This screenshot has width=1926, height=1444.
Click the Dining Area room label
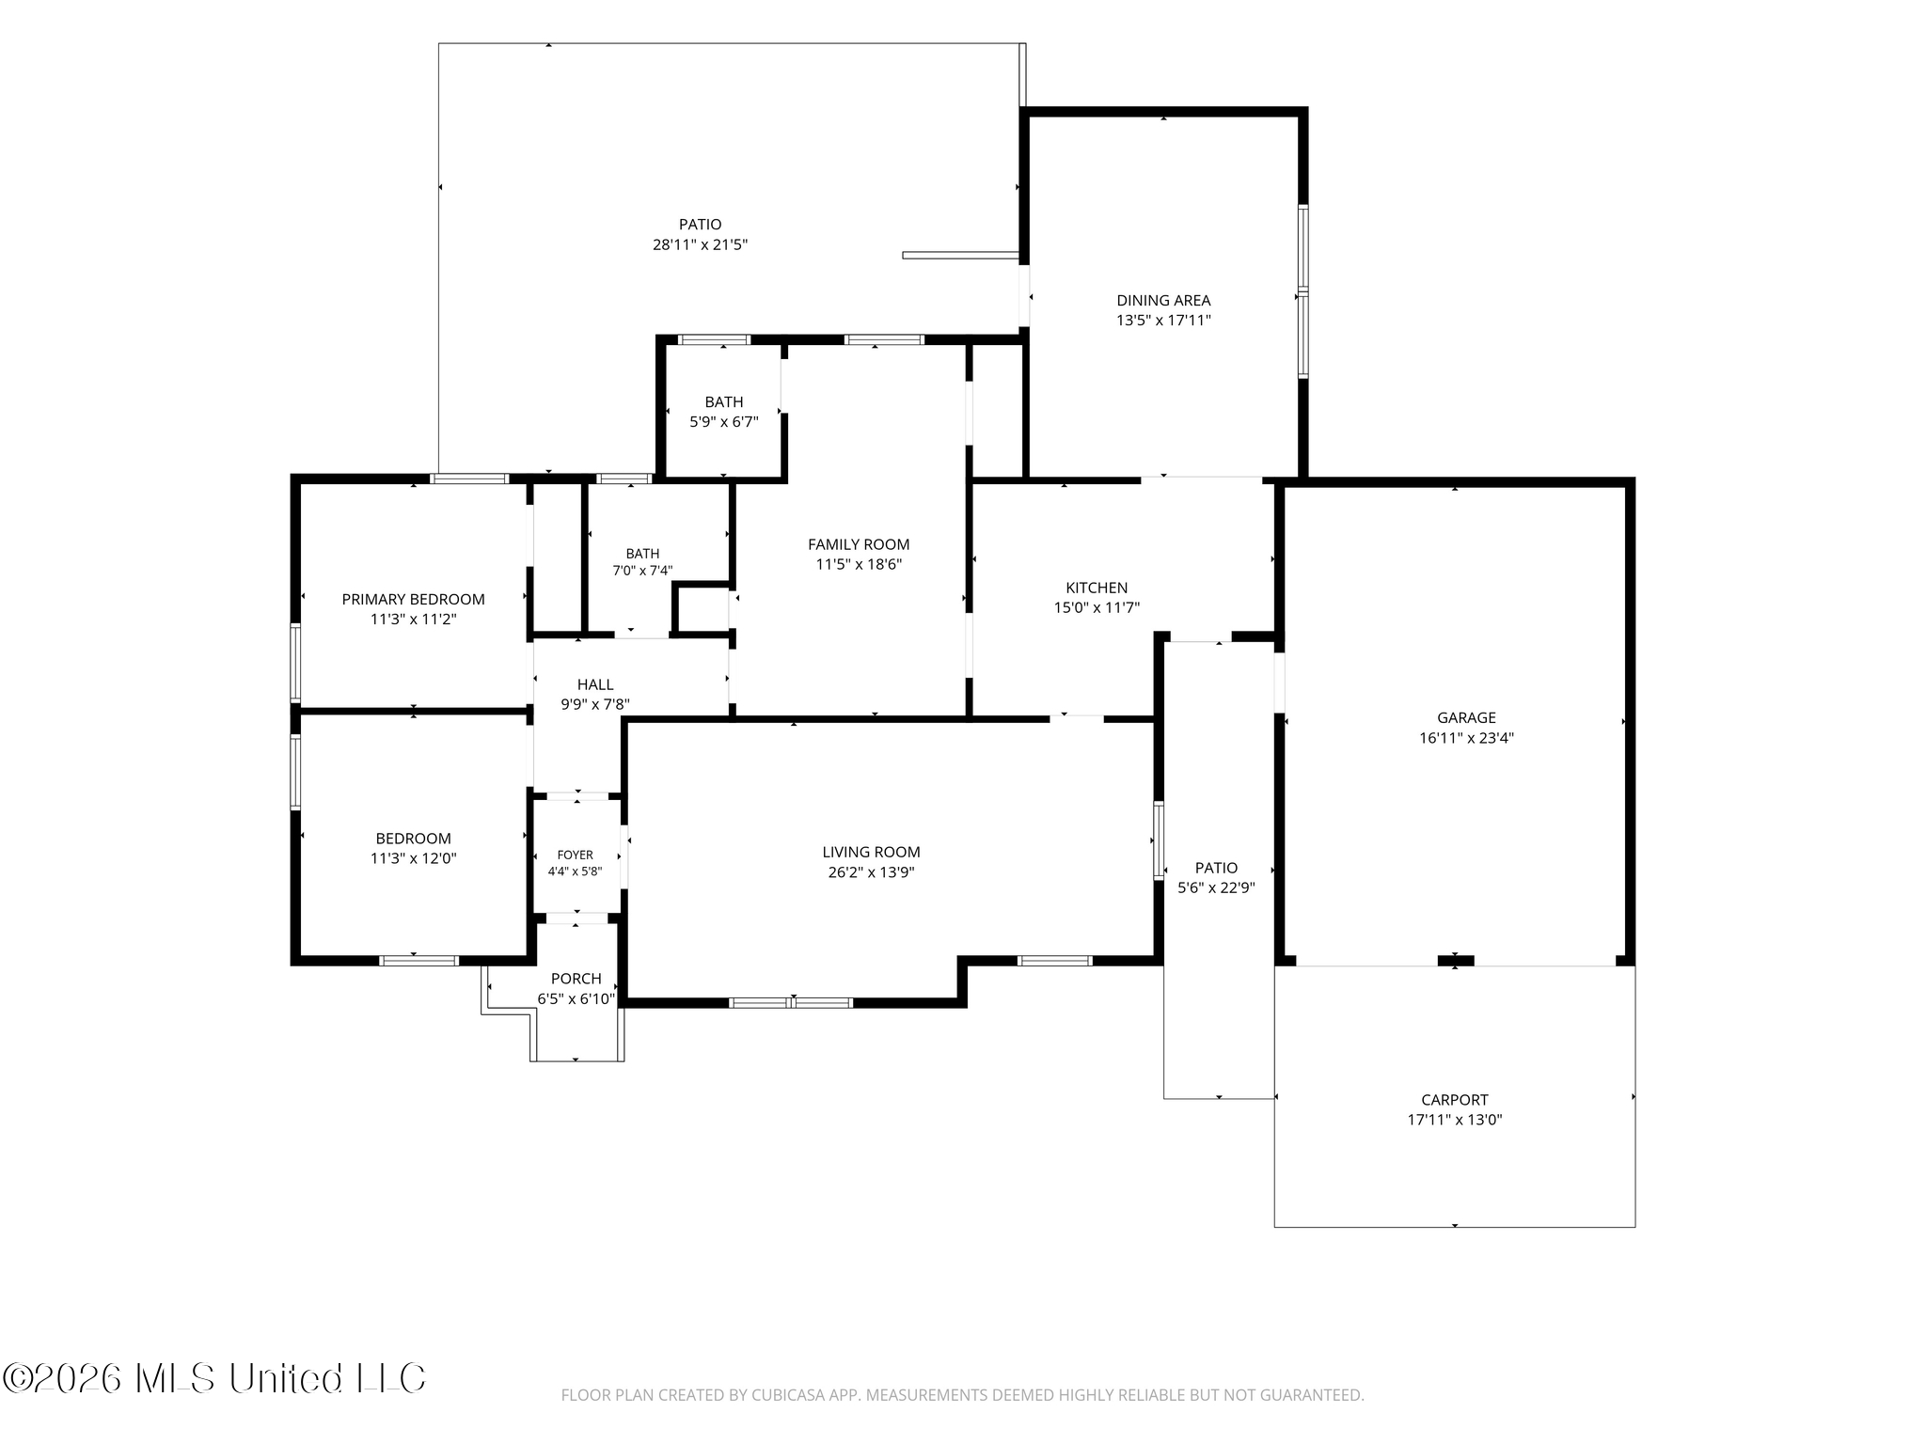tap(1163, 301)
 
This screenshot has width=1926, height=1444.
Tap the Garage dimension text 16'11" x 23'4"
tap(1466, 738)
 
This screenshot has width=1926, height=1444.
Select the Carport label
tap(1455, 1100)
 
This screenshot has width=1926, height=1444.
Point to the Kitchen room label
tap(1097, 589)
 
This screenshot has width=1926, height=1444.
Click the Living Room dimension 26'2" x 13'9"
tap(871, 872)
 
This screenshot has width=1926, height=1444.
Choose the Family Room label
tap(859, 544)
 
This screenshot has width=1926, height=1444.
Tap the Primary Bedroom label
tap(414, 600)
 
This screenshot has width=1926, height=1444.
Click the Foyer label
tap(576, 855)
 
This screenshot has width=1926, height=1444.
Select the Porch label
tap(576, 979)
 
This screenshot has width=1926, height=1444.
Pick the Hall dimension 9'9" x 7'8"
tap(595, 704)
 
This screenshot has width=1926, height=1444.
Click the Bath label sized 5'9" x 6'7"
tap(724, 402)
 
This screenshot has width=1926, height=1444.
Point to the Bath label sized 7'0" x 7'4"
tap(643, 554)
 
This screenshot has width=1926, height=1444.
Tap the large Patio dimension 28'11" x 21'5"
tap(701, 245)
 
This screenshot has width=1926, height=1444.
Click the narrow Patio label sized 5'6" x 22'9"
tap(1217, 868)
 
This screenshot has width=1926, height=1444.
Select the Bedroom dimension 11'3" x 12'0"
tap(414, 858)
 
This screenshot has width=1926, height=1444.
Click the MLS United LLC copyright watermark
tap(214, 1379)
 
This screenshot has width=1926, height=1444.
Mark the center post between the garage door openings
tap(1456, 961)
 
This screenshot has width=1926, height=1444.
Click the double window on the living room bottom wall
tap(791, 1003)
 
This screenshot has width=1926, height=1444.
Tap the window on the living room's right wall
tap(1159, 840)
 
